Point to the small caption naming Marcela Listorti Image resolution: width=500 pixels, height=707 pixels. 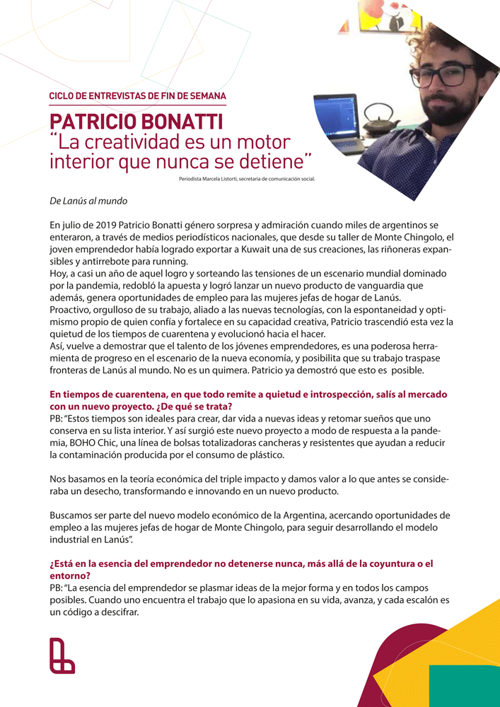247,179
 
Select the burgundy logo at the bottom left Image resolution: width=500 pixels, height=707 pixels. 62,655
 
